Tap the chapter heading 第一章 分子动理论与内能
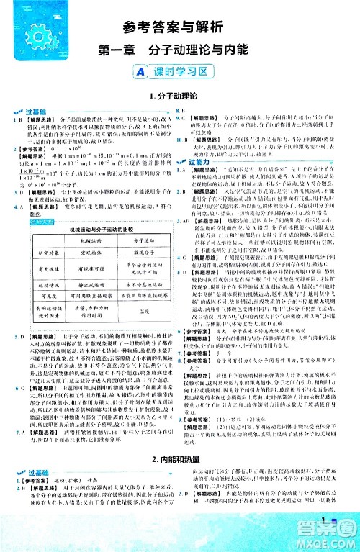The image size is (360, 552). click(180, 52)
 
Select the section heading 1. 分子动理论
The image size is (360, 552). click(179, 95)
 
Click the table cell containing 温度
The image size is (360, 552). click(144, 312)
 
